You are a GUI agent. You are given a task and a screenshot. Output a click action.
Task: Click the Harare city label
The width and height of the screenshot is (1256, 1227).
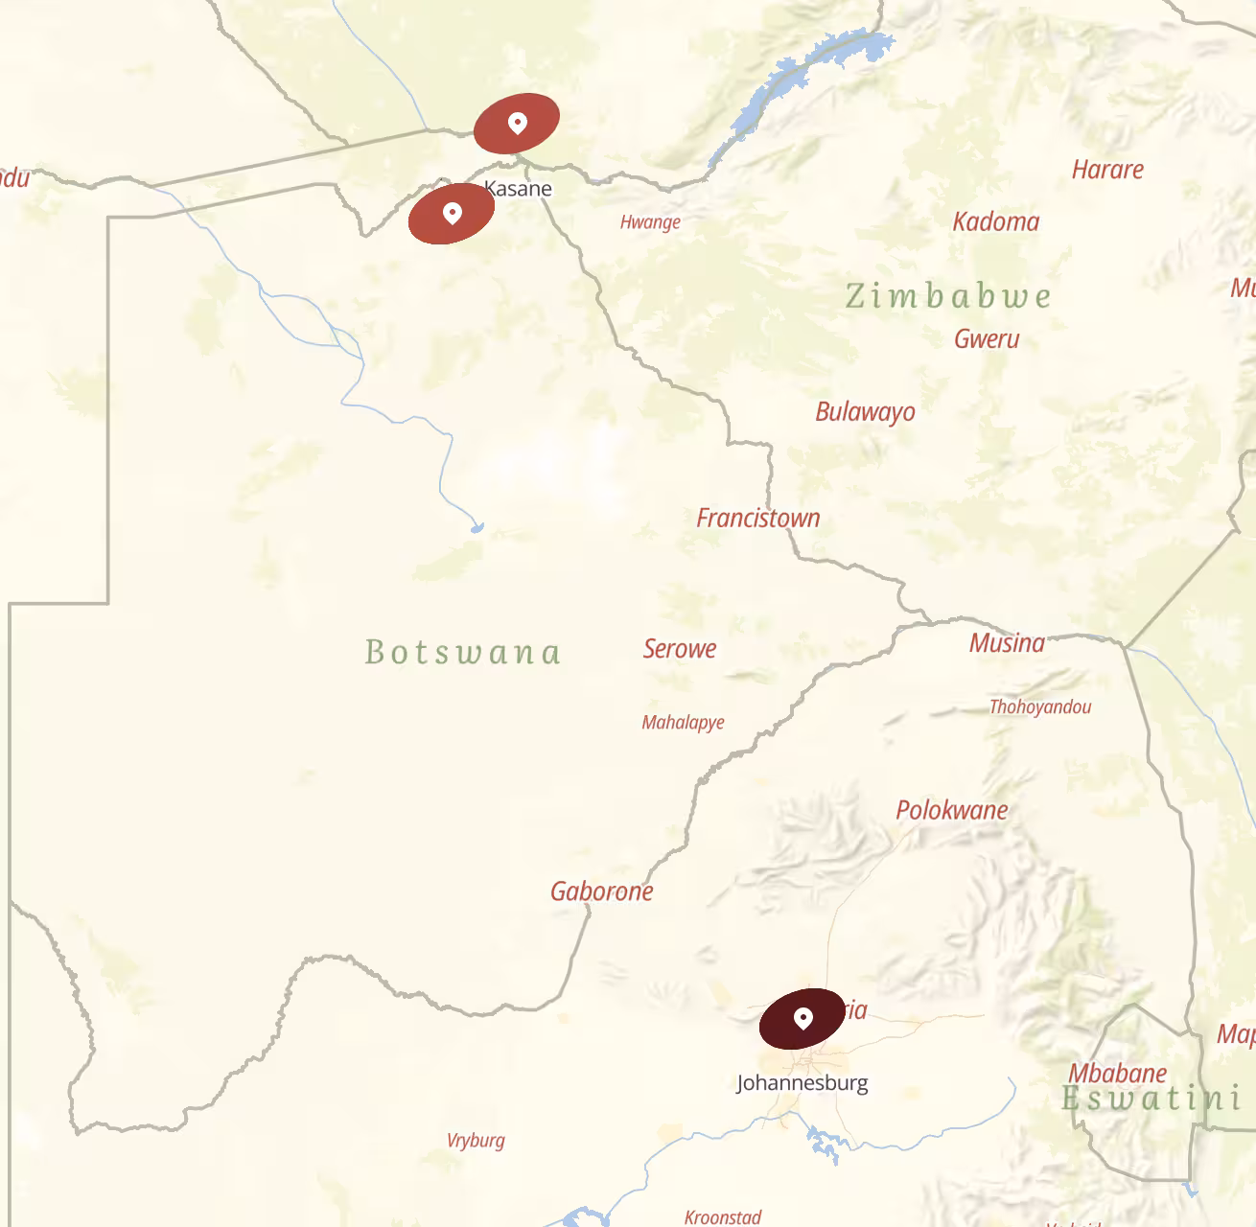1107,170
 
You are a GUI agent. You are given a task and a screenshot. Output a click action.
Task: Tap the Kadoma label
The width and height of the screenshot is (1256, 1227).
995,221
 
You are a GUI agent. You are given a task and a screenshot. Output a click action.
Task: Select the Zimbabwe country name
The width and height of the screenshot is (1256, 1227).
947,295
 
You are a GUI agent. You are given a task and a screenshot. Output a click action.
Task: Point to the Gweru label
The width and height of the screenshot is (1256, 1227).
987,338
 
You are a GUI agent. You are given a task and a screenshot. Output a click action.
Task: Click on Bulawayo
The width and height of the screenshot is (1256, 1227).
865,411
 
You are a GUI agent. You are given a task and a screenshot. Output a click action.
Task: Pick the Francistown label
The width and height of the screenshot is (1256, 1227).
757,518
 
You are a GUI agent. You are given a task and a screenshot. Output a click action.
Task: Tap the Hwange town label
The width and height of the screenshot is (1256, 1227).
650,222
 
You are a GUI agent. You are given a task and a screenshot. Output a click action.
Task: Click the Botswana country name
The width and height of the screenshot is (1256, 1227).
462,652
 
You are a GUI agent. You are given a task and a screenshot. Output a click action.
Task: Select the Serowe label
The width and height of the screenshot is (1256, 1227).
680,648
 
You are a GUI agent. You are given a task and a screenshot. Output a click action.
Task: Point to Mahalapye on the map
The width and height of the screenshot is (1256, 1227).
683,722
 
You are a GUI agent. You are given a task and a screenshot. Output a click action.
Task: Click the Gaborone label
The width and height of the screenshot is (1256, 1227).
601,891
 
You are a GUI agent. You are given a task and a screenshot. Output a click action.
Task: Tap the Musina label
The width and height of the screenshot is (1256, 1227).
1007,642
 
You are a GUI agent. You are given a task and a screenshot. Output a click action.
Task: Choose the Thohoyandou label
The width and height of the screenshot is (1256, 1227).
1040,706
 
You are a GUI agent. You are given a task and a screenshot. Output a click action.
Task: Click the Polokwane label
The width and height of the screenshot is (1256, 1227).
951,810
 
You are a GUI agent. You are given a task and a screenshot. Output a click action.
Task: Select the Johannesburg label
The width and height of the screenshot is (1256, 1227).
802,1083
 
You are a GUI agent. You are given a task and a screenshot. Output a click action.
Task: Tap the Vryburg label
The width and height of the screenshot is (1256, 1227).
476,1140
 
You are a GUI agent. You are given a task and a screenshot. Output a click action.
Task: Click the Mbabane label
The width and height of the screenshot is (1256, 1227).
1117,1073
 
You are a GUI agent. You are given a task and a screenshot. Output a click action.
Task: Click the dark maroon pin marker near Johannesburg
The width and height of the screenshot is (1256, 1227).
803,1017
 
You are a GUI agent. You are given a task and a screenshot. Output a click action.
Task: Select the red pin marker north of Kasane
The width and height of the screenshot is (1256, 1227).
517,123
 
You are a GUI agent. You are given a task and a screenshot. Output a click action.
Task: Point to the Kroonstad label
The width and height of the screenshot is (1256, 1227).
723,1216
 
